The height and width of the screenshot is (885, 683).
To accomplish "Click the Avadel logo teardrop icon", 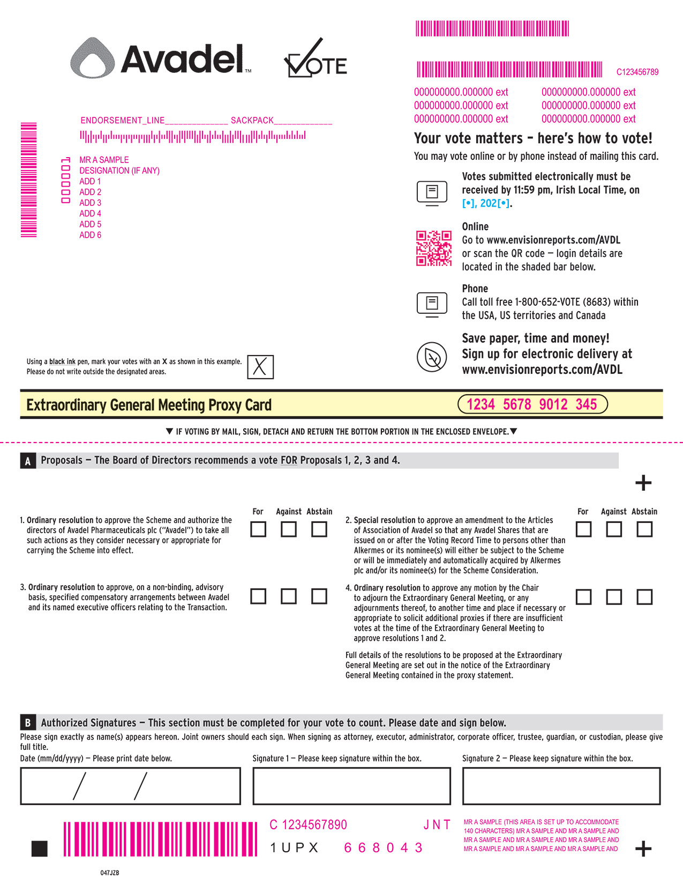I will [93, 58].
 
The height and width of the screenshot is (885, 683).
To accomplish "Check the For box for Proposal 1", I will [258, 529].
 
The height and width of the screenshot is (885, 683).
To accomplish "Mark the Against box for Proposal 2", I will [613, 529].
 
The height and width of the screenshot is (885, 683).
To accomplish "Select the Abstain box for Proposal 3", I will [319, 596].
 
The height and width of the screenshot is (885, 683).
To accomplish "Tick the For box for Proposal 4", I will [583, 597].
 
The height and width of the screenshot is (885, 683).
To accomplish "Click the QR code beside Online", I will [433, 248].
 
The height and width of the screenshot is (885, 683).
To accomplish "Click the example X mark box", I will [260, 367].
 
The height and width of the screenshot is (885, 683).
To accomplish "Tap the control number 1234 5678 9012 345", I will [532, 404].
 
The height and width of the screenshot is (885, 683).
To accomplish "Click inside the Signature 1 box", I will [351, 786].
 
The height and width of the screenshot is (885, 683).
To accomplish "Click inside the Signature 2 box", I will [561, 786].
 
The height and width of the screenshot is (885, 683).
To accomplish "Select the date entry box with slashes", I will [130, 786].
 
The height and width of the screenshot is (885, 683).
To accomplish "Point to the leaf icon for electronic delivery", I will [431, 357].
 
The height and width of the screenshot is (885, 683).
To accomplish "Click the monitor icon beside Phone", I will [431, 304].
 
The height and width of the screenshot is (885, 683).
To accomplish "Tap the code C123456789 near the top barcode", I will [637, 72].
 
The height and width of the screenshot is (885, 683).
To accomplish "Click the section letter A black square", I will [28, 461].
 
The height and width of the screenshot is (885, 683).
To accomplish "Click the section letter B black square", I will [28, 722].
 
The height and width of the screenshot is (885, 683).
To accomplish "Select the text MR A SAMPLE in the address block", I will [104, 160].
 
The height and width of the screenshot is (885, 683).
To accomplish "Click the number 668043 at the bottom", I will [383, 848].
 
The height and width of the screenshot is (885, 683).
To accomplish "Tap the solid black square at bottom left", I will [40, 849].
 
